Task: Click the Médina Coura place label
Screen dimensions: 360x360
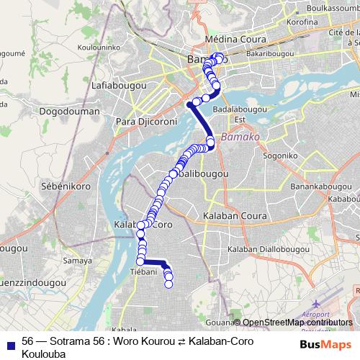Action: [235, 39]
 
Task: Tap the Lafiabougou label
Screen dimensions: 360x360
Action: [118, 86]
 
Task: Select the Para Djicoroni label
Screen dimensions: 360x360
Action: [146, 121]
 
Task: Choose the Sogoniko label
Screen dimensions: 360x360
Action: [280, 155]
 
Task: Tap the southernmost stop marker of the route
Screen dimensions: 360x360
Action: [169, 284]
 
